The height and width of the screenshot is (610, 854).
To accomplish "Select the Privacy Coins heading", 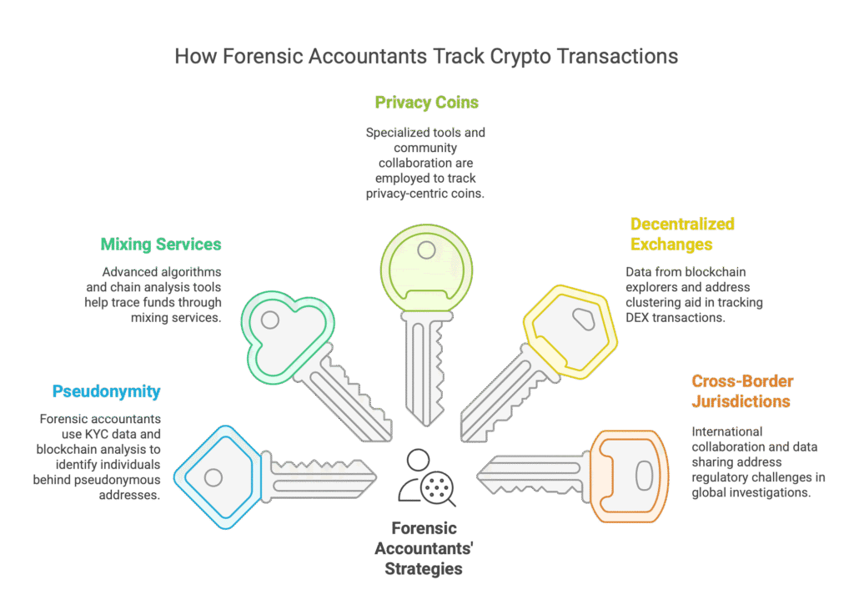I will [427, 103].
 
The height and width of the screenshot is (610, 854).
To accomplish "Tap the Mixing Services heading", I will [161, 245].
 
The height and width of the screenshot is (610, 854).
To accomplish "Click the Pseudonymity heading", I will [106, 391].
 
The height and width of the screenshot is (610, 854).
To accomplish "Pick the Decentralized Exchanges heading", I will [682, 234].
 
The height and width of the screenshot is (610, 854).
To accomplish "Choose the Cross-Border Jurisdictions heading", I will [741, 391].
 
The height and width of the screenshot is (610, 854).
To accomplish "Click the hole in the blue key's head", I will [213, 477].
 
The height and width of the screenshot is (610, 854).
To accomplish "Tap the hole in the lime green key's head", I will [426, 250].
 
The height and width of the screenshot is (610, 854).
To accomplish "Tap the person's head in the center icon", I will [419, 458].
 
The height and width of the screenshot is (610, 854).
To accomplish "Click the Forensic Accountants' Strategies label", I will [424, 548].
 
